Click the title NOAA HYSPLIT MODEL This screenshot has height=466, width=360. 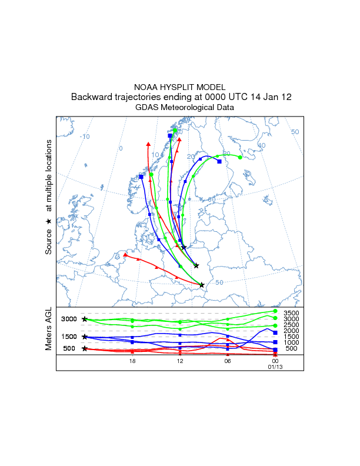(180, 87)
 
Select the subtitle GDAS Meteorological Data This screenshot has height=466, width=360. (185, 107)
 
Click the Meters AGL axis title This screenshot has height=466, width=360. (49, 330)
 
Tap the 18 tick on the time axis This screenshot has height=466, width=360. (133, 361)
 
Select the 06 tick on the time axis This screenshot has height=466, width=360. (228, 361)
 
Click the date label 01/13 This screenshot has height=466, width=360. (275, 367)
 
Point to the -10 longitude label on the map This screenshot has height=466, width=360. (85, 137)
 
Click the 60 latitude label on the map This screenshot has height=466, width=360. (212, 200)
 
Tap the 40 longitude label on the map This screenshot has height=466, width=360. (262, 145)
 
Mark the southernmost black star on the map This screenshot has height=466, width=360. (202, 285)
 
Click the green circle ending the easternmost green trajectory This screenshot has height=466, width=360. (240, 157)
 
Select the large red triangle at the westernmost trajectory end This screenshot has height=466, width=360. (125, 255)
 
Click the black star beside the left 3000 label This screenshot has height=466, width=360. (85, 319)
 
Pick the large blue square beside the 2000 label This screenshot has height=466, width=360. (275, 332)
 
